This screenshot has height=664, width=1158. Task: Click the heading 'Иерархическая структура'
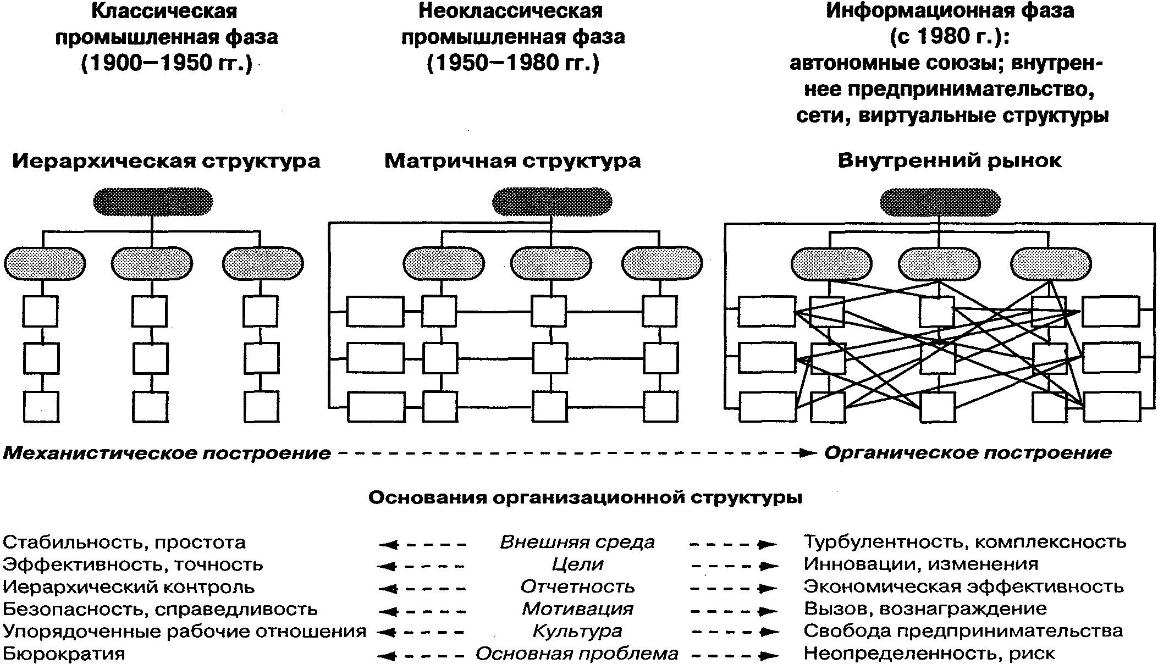(166, 162)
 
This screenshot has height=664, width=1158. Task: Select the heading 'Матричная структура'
(512, 162)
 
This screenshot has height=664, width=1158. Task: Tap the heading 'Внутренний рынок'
(950, 162)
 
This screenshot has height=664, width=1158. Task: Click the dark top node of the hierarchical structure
(153, 201)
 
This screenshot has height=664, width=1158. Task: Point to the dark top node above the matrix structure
(552, 202)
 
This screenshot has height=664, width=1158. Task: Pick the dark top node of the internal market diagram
(940, 202)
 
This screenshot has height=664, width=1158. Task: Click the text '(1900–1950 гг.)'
(166, 64)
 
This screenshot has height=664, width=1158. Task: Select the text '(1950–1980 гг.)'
(512, 64)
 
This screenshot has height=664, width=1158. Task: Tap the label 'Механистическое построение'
(167, 453)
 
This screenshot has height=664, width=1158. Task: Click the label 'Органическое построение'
(968, 453)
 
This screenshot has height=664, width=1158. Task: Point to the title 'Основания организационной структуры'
(584, 498)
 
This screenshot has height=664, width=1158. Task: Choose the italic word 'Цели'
(577, 565)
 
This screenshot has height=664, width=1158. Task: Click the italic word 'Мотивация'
(577, 609)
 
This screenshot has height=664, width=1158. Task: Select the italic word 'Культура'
(577, 632)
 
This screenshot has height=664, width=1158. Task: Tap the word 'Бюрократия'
(64, 654)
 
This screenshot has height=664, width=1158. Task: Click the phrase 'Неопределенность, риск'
(929, 654)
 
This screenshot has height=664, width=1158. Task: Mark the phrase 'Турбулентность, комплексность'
(965, 543)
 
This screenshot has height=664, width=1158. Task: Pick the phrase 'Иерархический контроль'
(129, 587)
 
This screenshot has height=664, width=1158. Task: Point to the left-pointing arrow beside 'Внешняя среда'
(422, 545)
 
